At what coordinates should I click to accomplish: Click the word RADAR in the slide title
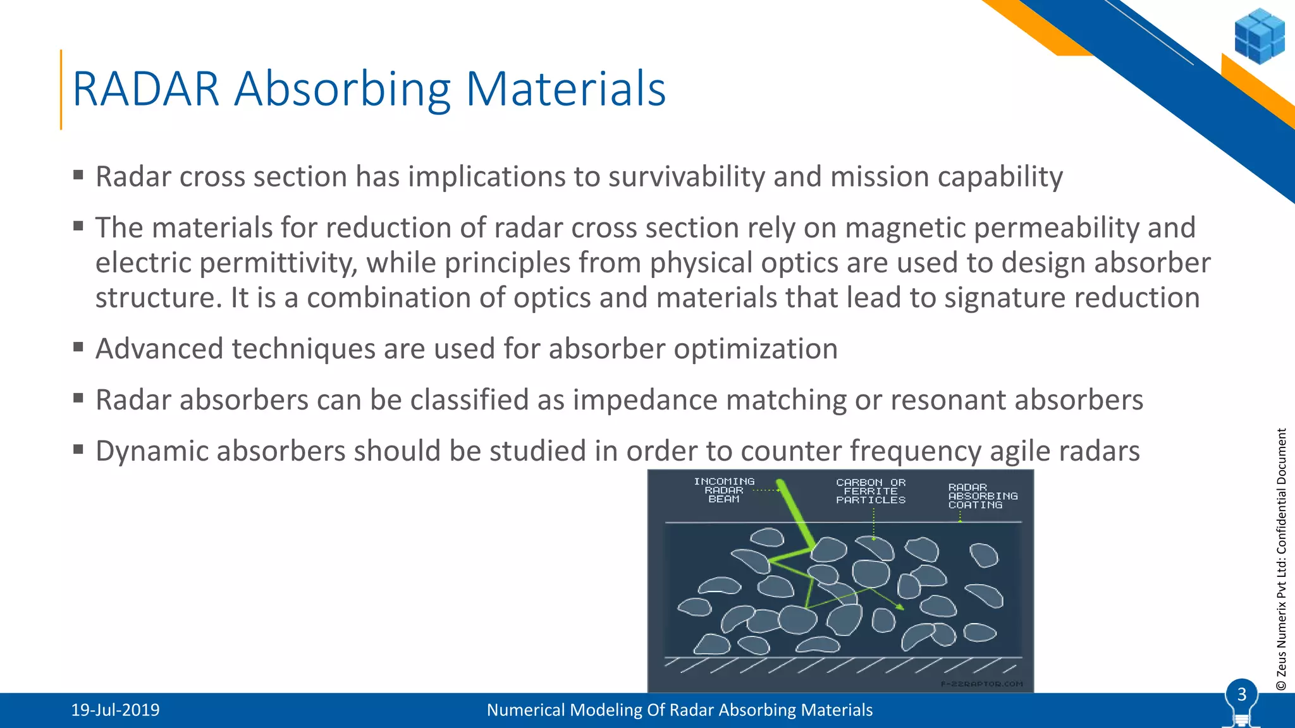pos(146,89)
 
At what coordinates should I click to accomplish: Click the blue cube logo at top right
pos(1259,36)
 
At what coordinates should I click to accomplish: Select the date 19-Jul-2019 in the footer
pos(115,710)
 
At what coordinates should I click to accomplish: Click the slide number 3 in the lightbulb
pos(1241,695)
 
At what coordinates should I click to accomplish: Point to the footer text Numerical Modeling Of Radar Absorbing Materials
pos(679,710)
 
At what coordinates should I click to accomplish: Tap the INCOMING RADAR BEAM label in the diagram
pos(724,490)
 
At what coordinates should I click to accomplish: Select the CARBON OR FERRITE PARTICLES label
pos(871,491)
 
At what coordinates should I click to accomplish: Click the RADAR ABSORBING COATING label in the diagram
pos(982,496)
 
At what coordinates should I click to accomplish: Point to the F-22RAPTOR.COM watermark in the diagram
pos(981,684)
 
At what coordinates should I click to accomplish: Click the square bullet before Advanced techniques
pos(78,346)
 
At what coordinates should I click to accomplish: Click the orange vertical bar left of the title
pos(61,90)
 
